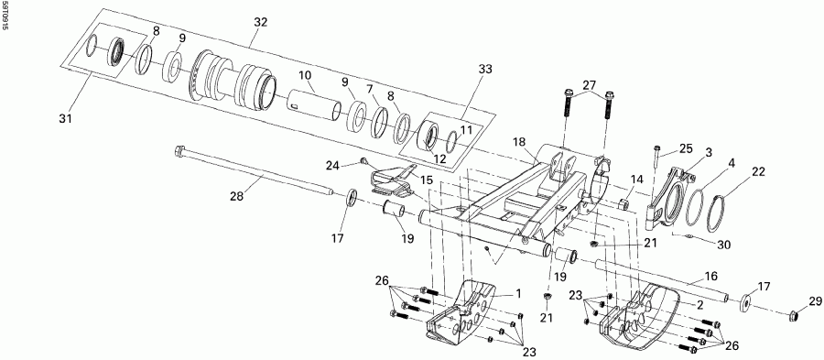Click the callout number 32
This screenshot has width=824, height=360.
pos(261,21)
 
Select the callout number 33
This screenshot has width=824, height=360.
pos(484,69)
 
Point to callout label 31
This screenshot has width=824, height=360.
pos(66,118)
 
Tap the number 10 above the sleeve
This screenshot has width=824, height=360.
pos(305,74)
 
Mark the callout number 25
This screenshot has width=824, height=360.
pos(686,148)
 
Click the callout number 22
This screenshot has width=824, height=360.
pos(758,171)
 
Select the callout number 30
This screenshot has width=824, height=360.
pos(723,245)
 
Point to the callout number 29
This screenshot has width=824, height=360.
pos(814,301)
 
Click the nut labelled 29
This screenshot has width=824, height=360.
pos(793,316)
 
